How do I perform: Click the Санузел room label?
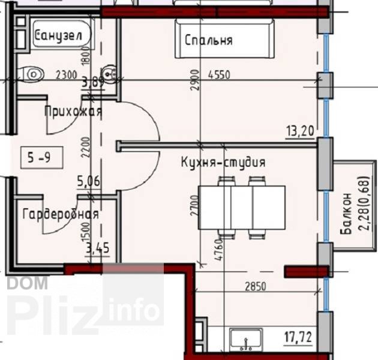click(x=59, y=36)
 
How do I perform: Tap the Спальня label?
click(x=209, y=40)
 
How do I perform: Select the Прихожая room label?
click(x=74, y=112)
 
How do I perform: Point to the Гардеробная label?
click(x=61, y=214)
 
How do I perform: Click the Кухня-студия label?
click(x=223, y=162)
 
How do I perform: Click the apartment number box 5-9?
click(x=42, y=158)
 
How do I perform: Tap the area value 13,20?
click(x=301, y=131)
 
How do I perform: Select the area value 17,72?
click(x=298, y=337)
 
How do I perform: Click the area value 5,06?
click(x=88, y=181)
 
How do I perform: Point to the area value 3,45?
click(x=98, y=248)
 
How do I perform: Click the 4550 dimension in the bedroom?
click(x=219, y=75)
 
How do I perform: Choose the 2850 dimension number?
click(x=256, y=286)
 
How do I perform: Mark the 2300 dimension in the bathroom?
click(x=67, y=75)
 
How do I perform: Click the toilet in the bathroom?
click(x=31, y=74)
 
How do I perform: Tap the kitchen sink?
click(x=246, y=339)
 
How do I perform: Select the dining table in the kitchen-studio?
click(x=242, y=208)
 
